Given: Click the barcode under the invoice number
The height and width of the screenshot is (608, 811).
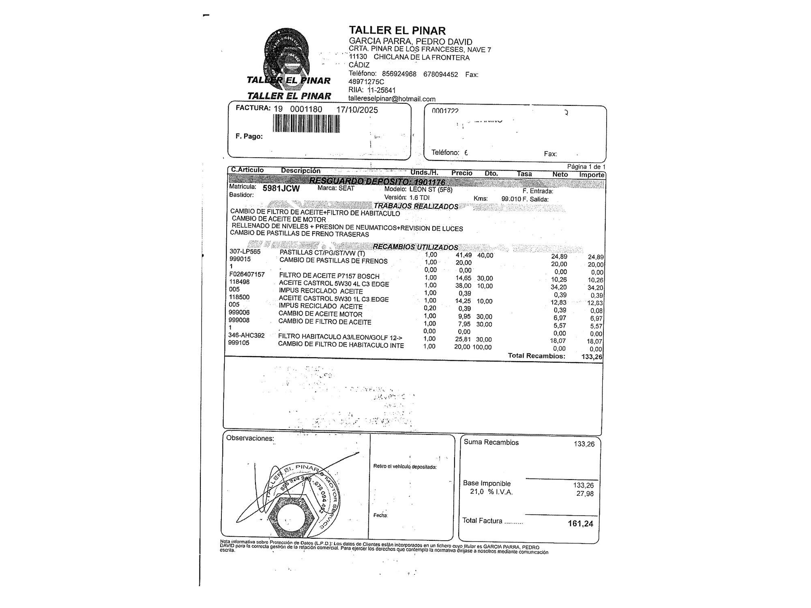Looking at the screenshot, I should point(306,123).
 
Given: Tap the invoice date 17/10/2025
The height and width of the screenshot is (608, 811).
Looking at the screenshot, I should point(357,110).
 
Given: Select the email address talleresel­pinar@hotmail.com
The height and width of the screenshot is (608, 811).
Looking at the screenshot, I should point(392,99).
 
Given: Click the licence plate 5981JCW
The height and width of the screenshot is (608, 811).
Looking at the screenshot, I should point(281,188).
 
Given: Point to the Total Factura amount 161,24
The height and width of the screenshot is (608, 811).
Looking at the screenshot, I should point(580,524).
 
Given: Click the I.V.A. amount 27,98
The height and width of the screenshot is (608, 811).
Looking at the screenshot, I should point(585,494).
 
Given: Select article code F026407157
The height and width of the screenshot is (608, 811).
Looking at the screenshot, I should point(247,274).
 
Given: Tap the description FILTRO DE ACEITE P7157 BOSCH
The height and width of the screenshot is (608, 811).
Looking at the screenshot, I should point(329,276).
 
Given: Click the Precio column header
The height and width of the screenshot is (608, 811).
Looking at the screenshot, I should point(462,173).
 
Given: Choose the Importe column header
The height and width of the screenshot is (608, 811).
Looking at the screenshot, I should point(592,175).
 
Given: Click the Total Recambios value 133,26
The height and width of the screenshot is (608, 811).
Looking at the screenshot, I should point(592,357).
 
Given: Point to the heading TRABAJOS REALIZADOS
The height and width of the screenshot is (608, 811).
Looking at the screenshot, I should point(416,206).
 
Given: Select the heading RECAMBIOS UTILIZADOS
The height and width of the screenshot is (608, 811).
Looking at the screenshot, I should point(415,247).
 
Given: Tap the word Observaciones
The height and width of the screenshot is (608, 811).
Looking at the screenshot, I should point(250,438).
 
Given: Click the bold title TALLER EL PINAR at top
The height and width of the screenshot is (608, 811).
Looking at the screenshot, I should point(397,30).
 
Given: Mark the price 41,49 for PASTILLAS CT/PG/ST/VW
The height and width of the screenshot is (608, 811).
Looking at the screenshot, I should point(463,255).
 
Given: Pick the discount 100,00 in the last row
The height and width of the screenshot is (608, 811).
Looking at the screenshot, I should point(482,347).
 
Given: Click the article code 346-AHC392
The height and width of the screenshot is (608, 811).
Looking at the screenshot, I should point(246,335).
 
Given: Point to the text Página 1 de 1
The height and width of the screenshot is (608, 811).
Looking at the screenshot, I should point(586,167).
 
